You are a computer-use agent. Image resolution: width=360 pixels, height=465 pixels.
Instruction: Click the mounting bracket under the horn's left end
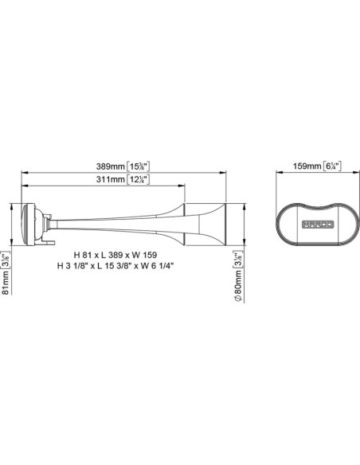click(x=49, y=237)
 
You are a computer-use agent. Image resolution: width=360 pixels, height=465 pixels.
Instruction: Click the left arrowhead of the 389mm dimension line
click(x=24, y=172)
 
